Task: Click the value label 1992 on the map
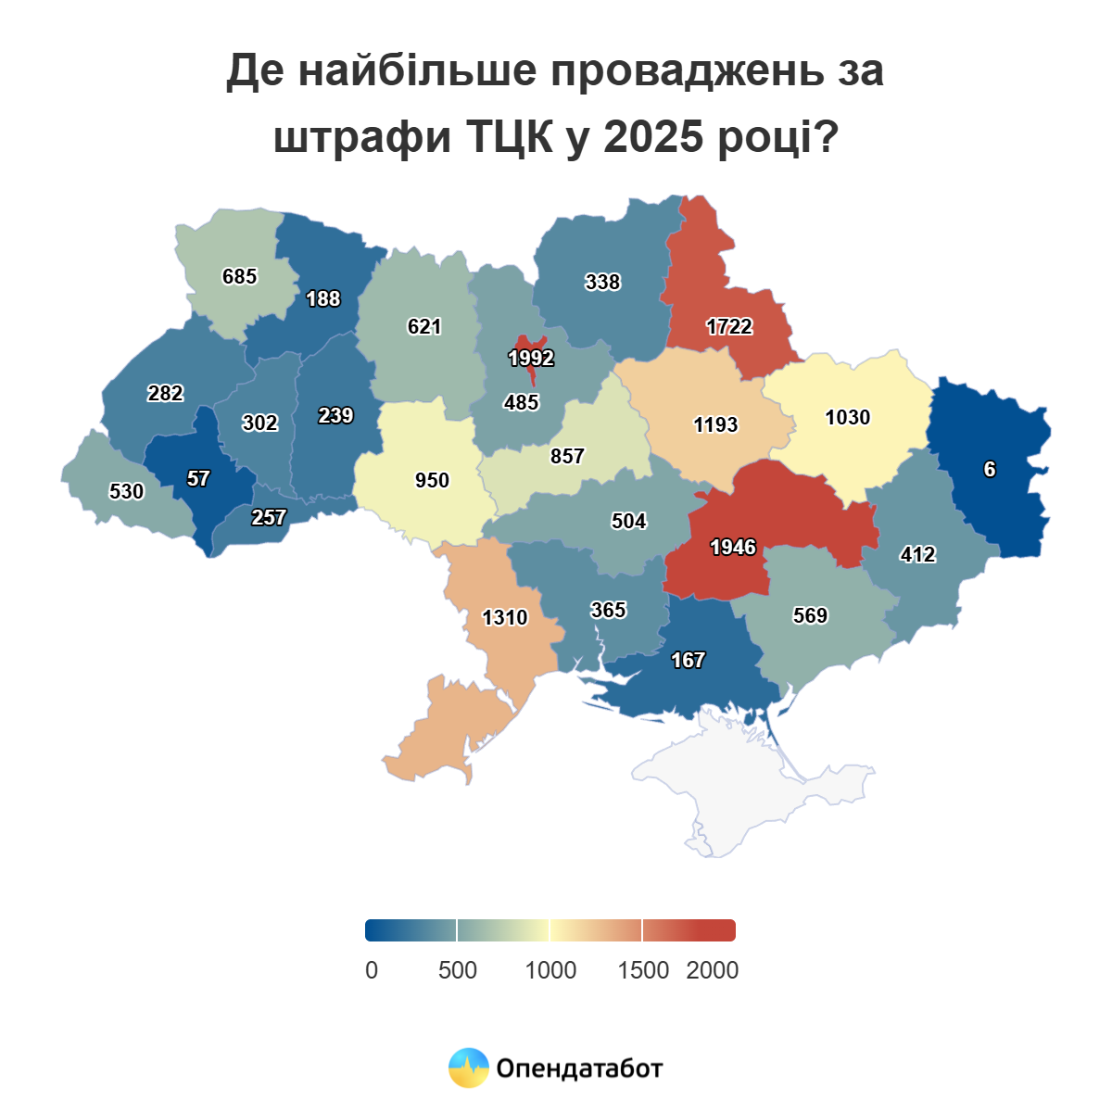coord(531,358)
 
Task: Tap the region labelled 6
coord(990,469)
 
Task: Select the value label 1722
coord(729,326)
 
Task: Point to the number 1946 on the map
coord(733,547)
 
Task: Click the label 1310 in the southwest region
coord(505,617)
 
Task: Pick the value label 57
coord(198,478)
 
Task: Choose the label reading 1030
coord(848,417)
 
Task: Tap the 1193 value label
coord(716,424)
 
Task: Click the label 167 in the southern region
coord(689,660)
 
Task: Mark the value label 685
coord(240,276)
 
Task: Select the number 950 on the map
coord(432,480)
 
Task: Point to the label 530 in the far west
coord(127,491)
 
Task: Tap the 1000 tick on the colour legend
coord(550,970)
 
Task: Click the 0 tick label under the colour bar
coord(372,970)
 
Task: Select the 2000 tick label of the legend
coord(712,970)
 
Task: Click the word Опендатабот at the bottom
coord(579,1068)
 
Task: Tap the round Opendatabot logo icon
coord(469,1068)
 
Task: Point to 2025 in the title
coord(653,136)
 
